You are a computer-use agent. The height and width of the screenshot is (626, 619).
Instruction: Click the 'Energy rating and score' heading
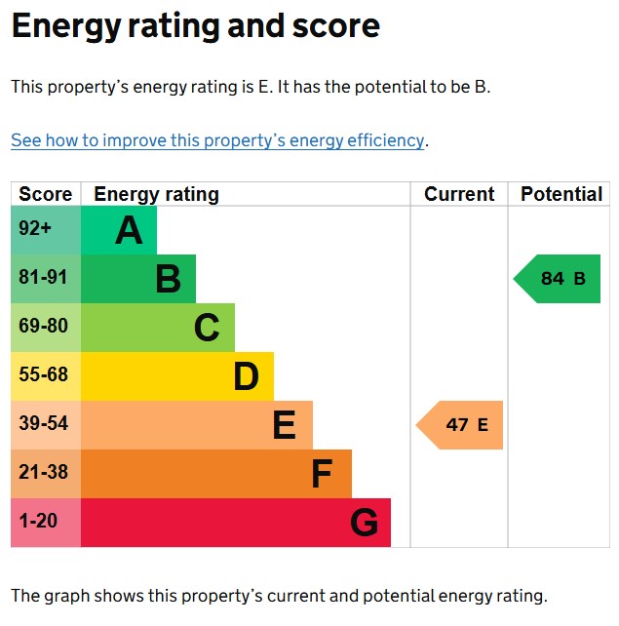pyautogui.click(x=195, y=26)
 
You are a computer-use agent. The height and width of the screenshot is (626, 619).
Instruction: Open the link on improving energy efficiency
pyautogui.click(x=217, y=140)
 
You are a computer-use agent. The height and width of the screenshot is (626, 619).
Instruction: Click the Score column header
pyautogui.click(x=46, y=194)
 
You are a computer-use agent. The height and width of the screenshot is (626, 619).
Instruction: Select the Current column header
pyautogui.click(x=459, y=194)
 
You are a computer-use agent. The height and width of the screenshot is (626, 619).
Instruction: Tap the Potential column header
pyautogui.click(x=561, y=194)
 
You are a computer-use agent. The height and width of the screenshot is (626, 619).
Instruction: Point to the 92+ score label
pyautogui.click(x=35, y=229)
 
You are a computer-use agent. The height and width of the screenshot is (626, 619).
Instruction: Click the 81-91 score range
pyautogui.click(x=43, y=278)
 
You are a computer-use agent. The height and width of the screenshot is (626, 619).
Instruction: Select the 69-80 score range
pyautogui.click(x=43, y=327)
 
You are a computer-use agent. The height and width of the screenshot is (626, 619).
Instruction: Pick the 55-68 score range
pyautogui.click(x=43, y=375)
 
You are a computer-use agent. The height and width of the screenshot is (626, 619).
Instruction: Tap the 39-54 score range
pyautogui.click(x=43, y=424)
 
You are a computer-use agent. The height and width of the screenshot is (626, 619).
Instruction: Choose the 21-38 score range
pyautogui.click(x=43, y=473)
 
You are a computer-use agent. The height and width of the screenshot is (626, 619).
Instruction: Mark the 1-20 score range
pyautogui.click(x=38, y=522)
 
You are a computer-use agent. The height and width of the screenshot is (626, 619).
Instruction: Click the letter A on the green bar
pyautogui.click(x=129, y=231)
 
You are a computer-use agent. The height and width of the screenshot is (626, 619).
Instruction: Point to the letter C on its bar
pyautogui.click(x=207, y=329)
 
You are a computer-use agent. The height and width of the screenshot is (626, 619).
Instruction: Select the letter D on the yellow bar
pyautogui.click(x=246, y=377)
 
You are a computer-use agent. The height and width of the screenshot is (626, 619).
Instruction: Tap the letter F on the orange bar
pyautogui.click(x=322, y=475)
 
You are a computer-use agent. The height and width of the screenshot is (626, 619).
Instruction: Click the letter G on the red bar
pyautogui.click(x=364, y=524)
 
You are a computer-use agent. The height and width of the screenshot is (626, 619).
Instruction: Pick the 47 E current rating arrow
pyautogui.click(x=461, y=425)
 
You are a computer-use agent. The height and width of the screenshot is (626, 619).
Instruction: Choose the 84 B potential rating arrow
pyautogui.click(x=559, y=279)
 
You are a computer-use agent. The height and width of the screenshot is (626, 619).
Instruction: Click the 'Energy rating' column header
pyautogui.click(x=156, y=194)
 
